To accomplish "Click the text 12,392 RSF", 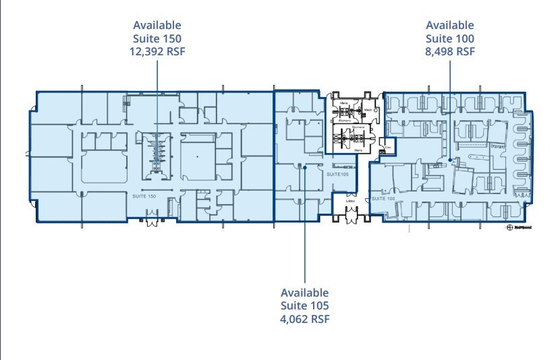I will (x=157, y=51).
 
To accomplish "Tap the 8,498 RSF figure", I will (x=450, y=51).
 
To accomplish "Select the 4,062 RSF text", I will (x=305, y=319).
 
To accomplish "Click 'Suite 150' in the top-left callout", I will (x=157, y=38).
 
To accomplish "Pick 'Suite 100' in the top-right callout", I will (x=450, y=38).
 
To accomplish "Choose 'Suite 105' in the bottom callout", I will (x=305, y=306).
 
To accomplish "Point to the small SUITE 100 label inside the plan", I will (x=382, y=199).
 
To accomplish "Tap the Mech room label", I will (x=368, y=109).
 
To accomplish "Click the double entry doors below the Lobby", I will (x=351, y=215).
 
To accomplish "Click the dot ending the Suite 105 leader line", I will (x=305, y=167).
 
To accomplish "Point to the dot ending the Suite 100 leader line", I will (x=450, y=159).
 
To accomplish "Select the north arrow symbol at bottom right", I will (x=510, y=227).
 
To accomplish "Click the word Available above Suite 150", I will (x=157, y=25).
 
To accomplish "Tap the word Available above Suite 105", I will (x=305, y=293).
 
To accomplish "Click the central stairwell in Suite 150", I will (x=157, y=151).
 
